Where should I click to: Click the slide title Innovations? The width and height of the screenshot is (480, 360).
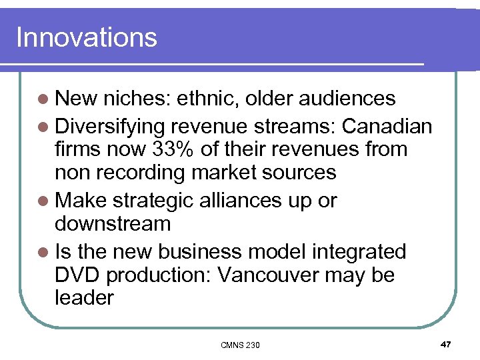[x=86, y=37]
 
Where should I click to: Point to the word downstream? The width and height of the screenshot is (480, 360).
[x=113, y=223]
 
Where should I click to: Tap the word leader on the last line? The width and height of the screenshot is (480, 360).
[x=84, y=297]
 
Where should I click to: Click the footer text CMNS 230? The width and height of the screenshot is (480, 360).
[x=240, y=345]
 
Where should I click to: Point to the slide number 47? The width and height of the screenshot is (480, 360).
[x=445, y=344]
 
